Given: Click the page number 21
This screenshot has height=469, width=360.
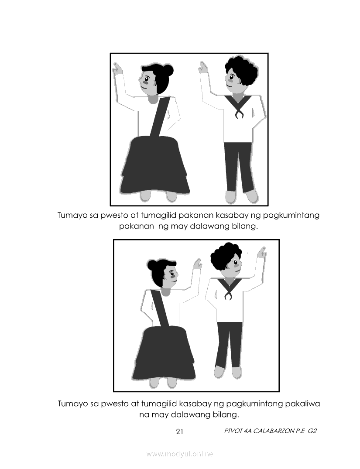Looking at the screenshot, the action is coord(179,431).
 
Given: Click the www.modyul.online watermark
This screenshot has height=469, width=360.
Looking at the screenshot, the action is coord(179,454).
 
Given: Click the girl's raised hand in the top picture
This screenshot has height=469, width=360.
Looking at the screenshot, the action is coord(117,69).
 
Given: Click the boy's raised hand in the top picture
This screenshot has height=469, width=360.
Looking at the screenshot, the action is coord(203,68).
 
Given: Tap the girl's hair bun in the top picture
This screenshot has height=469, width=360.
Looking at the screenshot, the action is coord(168,70).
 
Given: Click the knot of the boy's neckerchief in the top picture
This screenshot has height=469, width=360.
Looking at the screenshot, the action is coord(238,114).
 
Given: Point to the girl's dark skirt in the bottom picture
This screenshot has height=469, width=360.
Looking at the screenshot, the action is coord(163,353).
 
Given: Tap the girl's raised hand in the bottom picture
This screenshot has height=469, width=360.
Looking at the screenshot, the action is coord(198,264).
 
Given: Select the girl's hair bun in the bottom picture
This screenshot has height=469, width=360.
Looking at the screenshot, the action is coord(153,265).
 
